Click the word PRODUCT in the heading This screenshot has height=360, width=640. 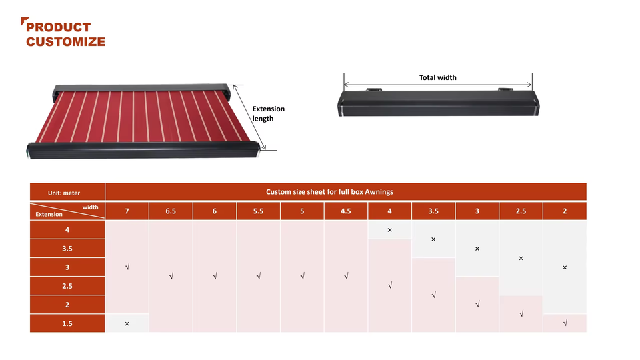pyautogui.click(x=59, y=27)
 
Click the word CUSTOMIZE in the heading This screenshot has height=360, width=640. pyautogui.click(x=66, y=41)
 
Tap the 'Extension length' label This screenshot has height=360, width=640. pyautogui.click(x=268, y=113)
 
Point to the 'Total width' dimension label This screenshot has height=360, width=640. pyautogui.click(x=437, y=77)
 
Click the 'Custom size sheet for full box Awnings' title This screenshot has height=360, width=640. pyautogui.click(x=329, y=192)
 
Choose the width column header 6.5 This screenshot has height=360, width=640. pyautogui.click(x=171, y=211)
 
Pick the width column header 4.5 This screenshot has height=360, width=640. pyautogui.click(x=346, y=211)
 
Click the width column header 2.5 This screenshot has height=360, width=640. pyautogui.click(x=521, y=211)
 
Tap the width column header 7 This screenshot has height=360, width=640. pyautogui.click(x=127, y=211)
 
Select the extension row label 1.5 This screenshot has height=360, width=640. pyautogui.click(x=67, y=323)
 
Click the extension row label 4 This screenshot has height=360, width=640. pyautogui.click(x=67, y=230)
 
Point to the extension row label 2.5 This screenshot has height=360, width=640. pyautogui.click(x=67, y=286)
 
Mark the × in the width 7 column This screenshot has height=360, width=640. pyautogui.click(x=127, y=324)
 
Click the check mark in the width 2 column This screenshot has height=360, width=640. pyautogui.click(x=565, y=323)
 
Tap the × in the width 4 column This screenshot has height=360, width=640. pyautogui.click(x=389, y=230)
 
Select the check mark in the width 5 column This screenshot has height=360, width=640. pyautogui.click(x=303, y=276)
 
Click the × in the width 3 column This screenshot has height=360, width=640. pyautogui.click(x=477, y=249)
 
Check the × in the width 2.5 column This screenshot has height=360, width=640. pyautogui.click(x=521, y=259)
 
